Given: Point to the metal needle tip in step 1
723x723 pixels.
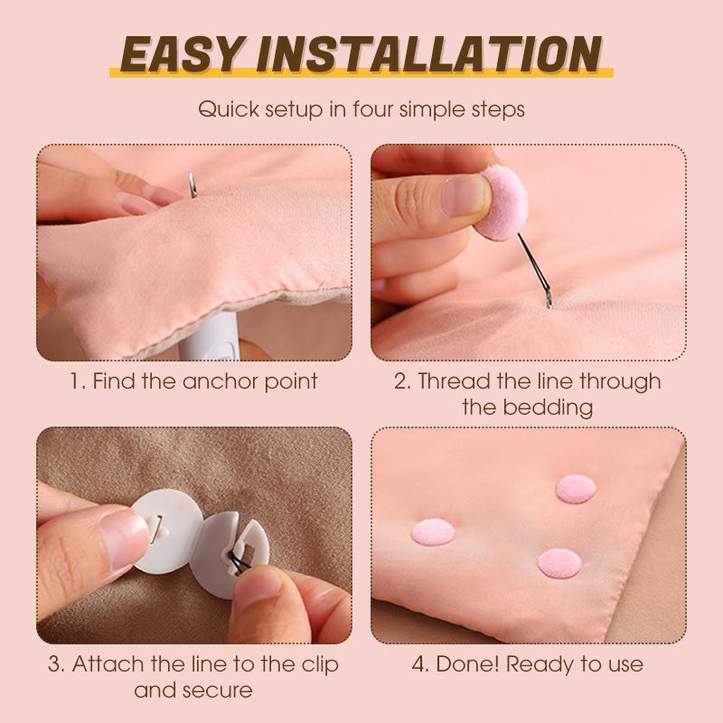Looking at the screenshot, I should click(x=192, y=185).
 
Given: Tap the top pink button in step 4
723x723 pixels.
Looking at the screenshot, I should click(x=576, y=489).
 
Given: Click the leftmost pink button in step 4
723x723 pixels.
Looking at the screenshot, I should click(x=433, y=531).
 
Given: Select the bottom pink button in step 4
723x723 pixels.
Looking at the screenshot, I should click(x=559, y=563).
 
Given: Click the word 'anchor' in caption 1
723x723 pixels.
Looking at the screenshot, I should click(x=221, y=380).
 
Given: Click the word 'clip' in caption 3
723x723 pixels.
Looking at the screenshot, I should click(x=319, y=664).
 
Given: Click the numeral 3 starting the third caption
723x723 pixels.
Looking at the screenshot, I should click(x=55, y=664).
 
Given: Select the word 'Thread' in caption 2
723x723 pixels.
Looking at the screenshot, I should click(x=453, y=380).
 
